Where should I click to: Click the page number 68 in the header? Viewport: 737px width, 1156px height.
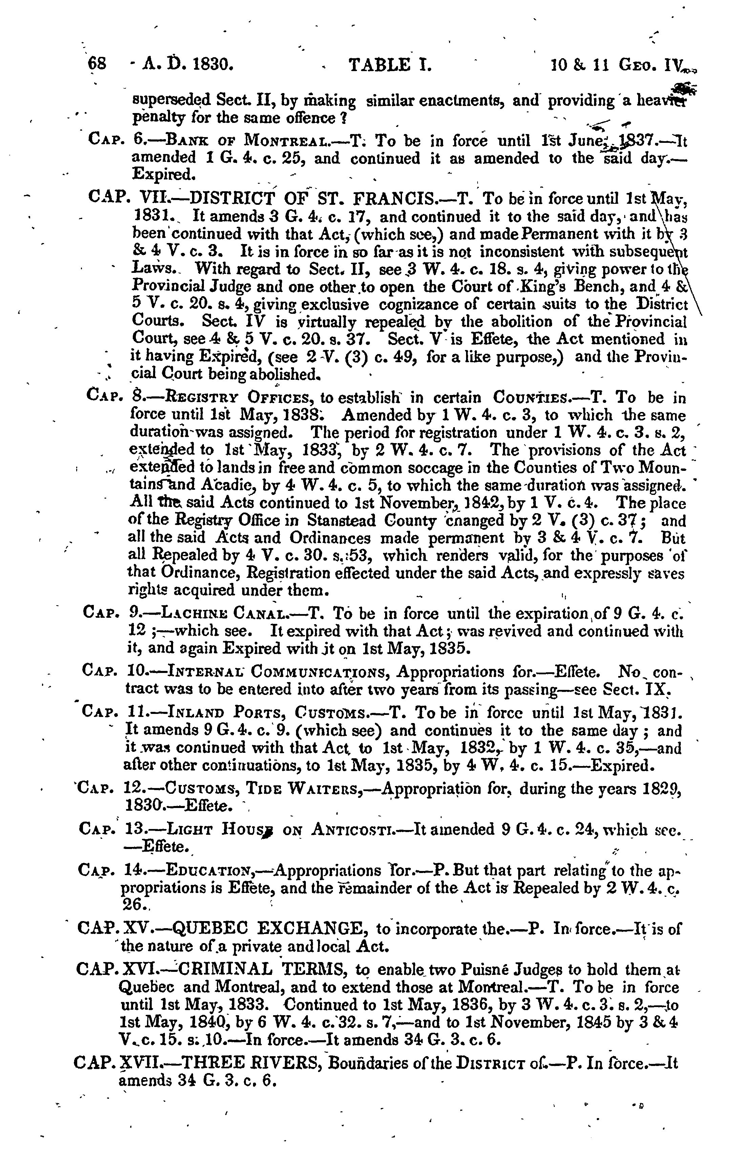[98, 63]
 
